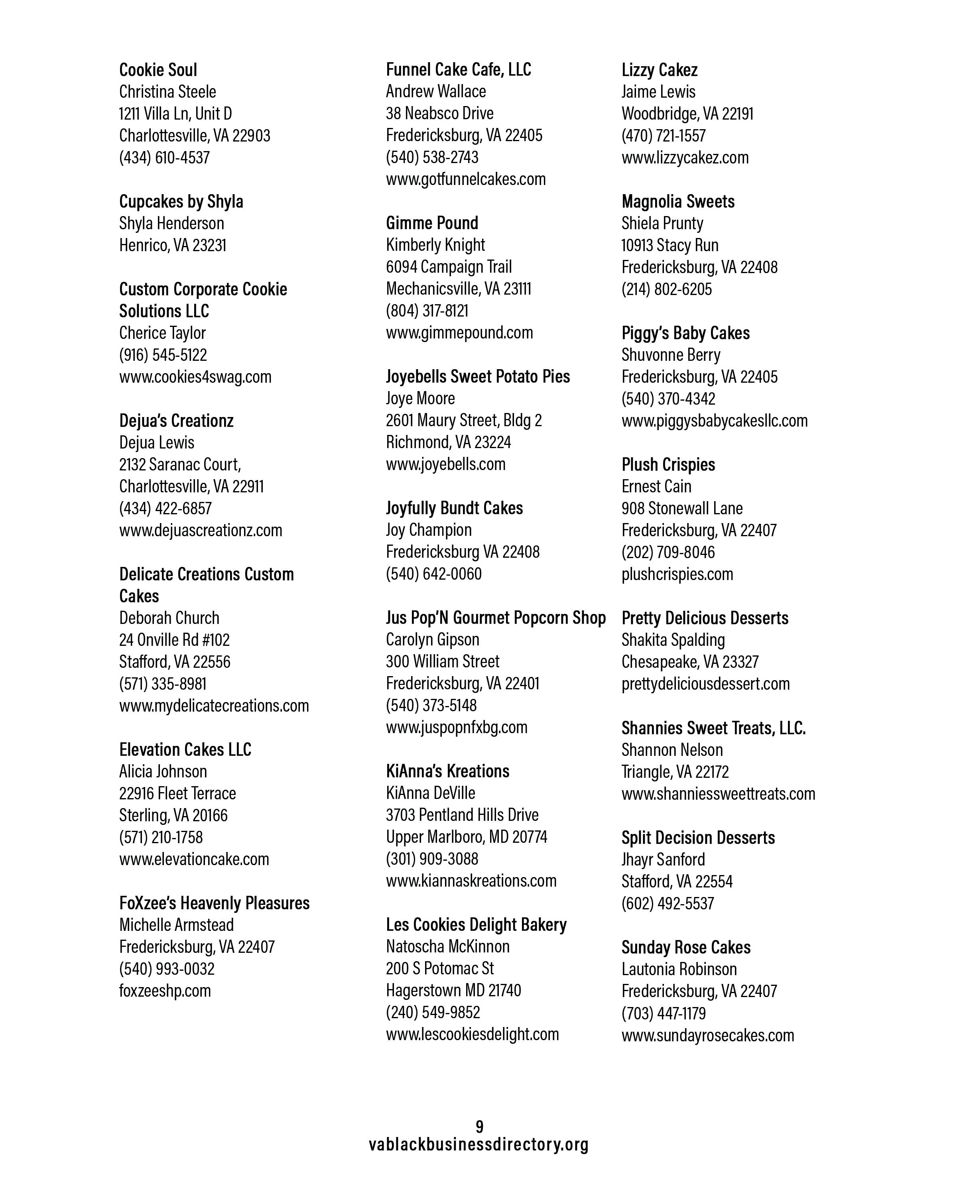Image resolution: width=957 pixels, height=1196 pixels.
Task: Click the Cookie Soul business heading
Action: tap(158, 70)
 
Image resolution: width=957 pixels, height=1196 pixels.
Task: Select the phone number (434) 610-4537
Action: tap(164, 157)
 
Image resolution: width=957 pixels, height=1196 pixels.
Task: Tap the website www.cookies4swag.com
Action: tap(195, 377)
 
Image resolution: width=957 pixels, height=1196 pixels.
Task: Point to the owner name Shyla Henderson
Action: tap(171, 223)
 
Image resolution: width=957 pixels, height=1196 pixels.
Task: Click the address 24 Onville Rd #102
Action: tap(174, 639)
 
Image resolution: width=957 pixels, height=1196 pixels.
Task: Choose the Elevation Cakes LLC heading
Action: tap(185, 749)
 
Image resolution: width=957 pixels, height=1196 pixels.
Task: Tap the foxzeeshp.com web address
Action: tap(165, 990)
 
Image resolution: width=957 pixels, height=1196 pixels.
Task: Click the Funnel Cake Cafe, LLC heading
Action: tap(458, 69)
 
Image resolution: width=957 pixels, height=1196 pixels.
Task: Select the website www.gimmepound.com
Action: tap(459, 332)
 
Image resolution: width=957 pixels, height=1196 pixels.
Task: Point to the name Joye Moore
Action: tap(420, 398)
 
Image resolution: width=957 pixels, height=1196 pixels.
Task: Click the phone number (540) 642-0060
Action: tap(433, 574)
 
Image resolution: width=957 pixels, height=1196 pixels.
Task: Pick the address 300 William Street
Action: tap(442, 661)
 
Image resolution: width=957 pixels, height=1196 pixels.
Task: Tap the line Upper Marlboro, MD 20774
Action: tap(466, 836)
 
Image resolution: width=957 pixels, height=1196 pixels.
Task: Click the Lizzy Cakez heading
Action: tap(659, 70)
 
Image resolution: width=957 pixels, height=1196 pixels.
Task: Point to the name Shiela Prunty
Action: tap(662, 223)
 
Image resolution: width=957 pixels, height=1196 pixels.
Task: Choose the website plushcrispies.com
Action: tap(677, 574)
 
